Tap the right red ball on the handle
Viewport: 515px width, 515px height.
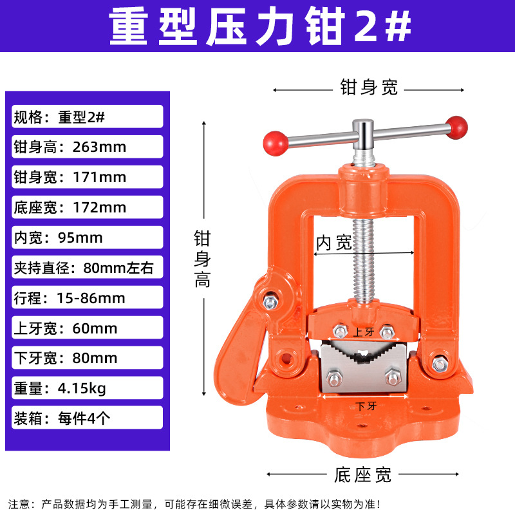coord(457,126)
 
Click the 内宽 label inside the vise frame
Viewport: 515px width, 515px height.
coord(333,243)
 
